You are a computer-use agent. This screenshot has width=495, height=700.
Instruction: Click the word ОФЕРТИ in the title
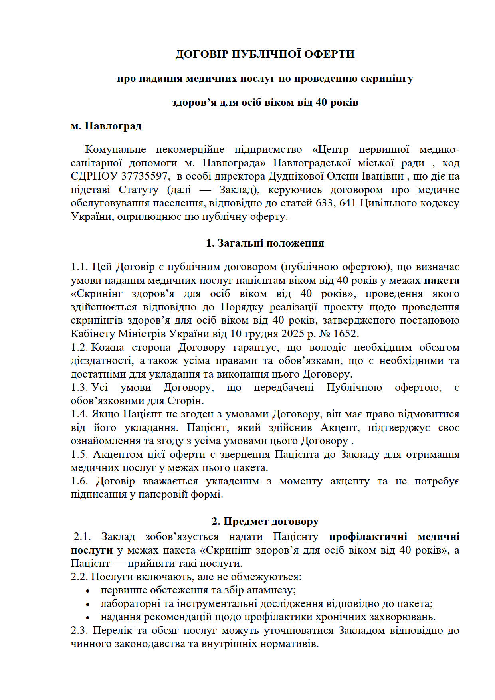point(329,54)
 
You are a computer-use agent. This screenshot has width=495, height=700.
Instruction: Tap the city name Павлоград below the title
point(113,126)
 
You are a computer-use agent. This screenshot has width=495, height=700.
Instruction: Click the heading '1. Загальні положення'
point(265,243)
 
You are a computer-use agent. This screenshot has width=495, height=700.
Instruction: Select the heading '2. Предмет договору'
point(265,521)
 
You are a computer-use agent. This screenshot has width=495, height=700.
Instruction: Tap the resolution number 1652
point(346,334)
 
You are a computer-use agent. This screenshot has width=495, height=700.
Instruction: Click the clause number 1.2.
point(79,348)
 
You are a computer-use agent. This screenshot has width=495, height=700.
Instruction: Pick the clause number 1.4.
point(79,414)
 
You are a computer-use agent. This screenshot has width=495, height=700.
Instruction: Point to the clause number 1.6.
point(79,481)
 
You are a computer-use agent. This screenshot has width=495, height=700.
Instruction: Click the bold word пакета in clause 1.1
point(442,281)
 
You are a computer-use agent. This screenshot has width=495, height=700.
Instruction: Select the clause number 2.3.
point(79,631)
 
